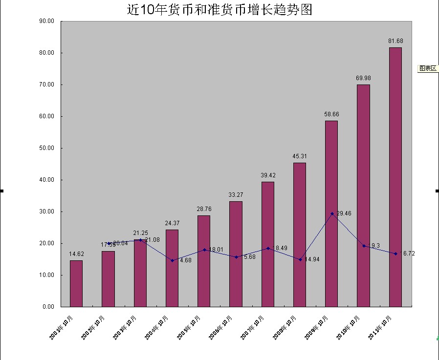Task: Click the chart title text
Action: [219, 9]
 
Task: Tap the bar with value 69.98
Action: [363, 195]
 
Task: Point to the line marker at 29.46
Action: [332, 213]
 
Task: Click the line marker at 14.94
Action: [300, 259]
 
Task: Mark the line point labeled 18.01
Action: [204, 250]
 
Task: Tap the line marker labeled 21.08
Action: [140, 240]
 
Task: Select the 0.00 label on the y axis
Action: [48, 307]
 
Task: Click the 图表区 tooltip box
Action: [428, 68]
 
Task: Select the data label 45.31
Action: [300, 156]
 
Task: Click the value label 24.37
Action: [172, 223]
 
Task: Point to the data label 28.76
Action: [204, 209]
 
